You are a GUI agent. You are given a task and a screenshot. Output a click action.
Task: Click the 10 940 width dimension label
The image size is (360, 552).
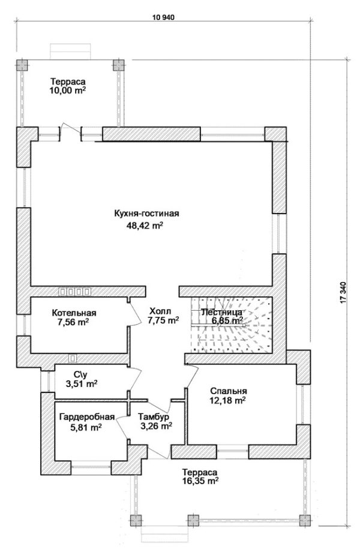163,17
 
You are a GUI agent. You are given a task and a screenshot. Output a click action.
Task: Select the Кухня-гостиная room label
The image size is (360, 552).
147,214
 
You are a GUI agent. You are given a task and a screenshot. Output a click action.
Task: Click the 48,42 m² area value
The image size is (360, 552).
145,226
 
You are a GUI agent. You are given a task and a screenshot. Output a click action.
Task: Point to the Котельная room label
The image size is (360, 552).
74,313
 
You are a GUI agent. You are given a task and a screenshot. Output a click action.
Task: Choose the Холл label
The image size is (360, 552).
160,311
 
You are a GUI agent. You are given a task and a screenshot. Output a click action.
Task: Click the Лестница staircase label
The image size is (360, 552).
221,312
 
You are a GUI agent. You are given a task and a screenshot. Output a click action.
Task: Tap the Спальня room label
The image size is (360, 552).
229,391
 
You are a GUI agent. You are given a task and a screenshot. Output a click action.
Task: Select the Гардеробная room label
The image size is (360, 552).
87,417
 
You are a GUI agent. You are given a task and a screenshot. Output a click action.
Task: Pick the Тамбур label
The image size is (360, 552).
154,417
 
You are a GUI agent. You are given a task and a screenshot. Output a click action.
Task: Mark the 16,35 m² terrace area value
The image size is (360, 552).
200,481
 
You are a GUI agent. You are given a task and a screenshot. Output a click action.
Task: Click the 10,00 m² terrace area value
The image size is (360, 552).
68,91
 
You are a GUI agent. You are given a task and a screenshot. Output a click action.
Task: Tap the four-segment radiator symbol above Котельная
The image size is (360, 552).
75,292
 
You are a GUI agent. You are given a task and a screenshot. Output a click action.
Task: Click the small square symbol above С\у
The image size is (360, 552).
73,358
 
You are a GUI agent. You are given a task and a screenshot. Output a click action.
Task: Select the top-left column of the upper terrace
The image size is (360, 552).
22,65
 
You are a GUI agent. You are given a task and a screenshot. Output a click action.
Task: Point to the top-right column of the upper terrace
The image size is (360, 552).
118,65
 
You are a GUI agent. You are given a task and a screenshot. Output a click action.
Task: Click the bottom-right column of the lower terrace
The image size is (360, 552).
305,520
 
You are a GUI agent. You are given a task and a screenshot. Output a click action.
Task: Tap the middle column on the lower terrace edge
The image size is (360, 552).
193,520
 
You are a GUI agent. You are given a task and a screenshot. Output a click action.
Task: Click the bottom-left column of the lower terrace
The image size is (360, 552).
136,520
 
